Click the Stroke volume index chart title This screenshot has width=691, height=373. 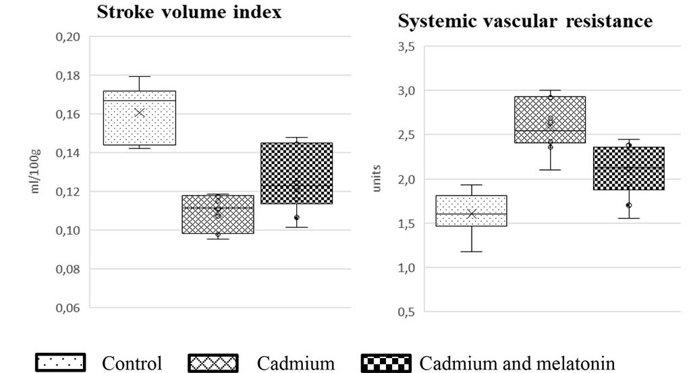[x=190, y=13]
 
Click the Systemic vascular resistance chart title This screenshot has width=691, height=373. [x=525, y=22]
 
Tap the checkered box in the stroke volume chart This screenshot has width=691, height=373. [x=296, y=173]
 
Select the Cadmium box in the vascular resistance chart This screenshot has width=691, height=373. [x=550, y=119]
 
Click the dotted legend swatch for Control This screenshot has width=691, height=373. [x=61, y=364]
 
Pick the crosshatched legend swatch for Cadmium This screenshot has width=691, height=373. [x=213, y=364]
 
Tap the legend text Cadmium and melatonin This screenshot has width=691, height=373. [x=517, y=364]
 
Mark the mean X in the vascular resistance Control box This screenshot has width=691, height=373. [x=472, y=214]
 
